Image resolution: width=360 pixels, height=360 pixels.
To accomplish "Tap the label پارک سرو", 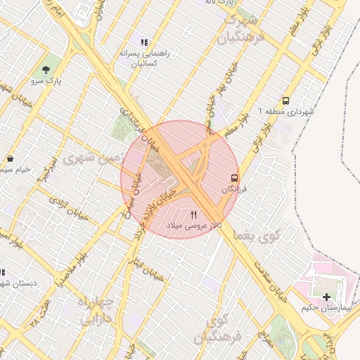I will click(46, 82).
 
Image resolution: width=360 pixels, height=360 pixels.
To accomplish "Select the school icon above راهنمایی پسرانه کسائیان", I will click(144, 42).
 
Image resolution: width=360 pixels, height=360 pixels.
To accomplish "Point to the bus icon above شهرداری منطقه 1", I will click(285, 101).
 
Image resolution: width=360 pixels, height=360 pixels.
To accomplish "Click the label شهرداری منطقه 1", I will click(285, 112).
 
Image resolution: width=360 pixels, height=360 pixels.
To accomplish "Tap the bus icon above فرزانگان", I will click(234, 179).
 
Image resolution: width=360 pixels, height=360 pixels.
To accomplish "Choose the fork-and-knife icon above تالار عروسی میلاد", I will click(193, 214).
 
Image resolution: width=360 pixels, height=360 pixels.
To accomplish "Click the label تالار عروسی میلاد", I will click(193, 226).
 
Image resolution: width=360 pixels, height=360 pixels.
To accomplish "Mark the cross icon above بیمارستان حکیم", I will click(326, 297).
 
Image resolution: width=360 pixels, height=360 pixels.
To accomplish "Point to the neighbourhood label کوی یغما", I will click(259, 237).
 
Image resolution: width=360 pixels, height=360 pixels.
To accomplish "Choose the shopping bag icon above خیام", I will click(10, 158).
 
